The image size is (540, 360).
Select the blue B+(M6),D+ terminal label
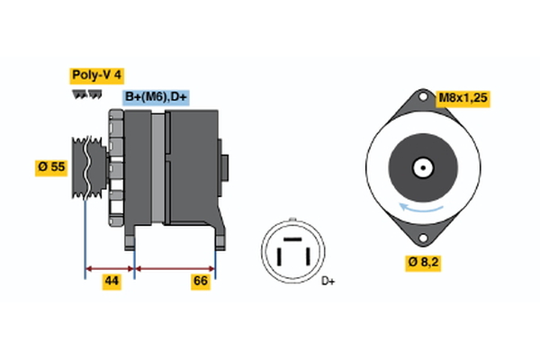coord(156,97)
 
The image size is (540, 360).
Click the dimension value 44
coord(111,282)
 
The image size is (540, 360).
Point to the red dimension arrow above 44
coord(110,267)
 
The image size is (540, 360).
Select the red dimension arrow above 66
coord(175,267)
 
